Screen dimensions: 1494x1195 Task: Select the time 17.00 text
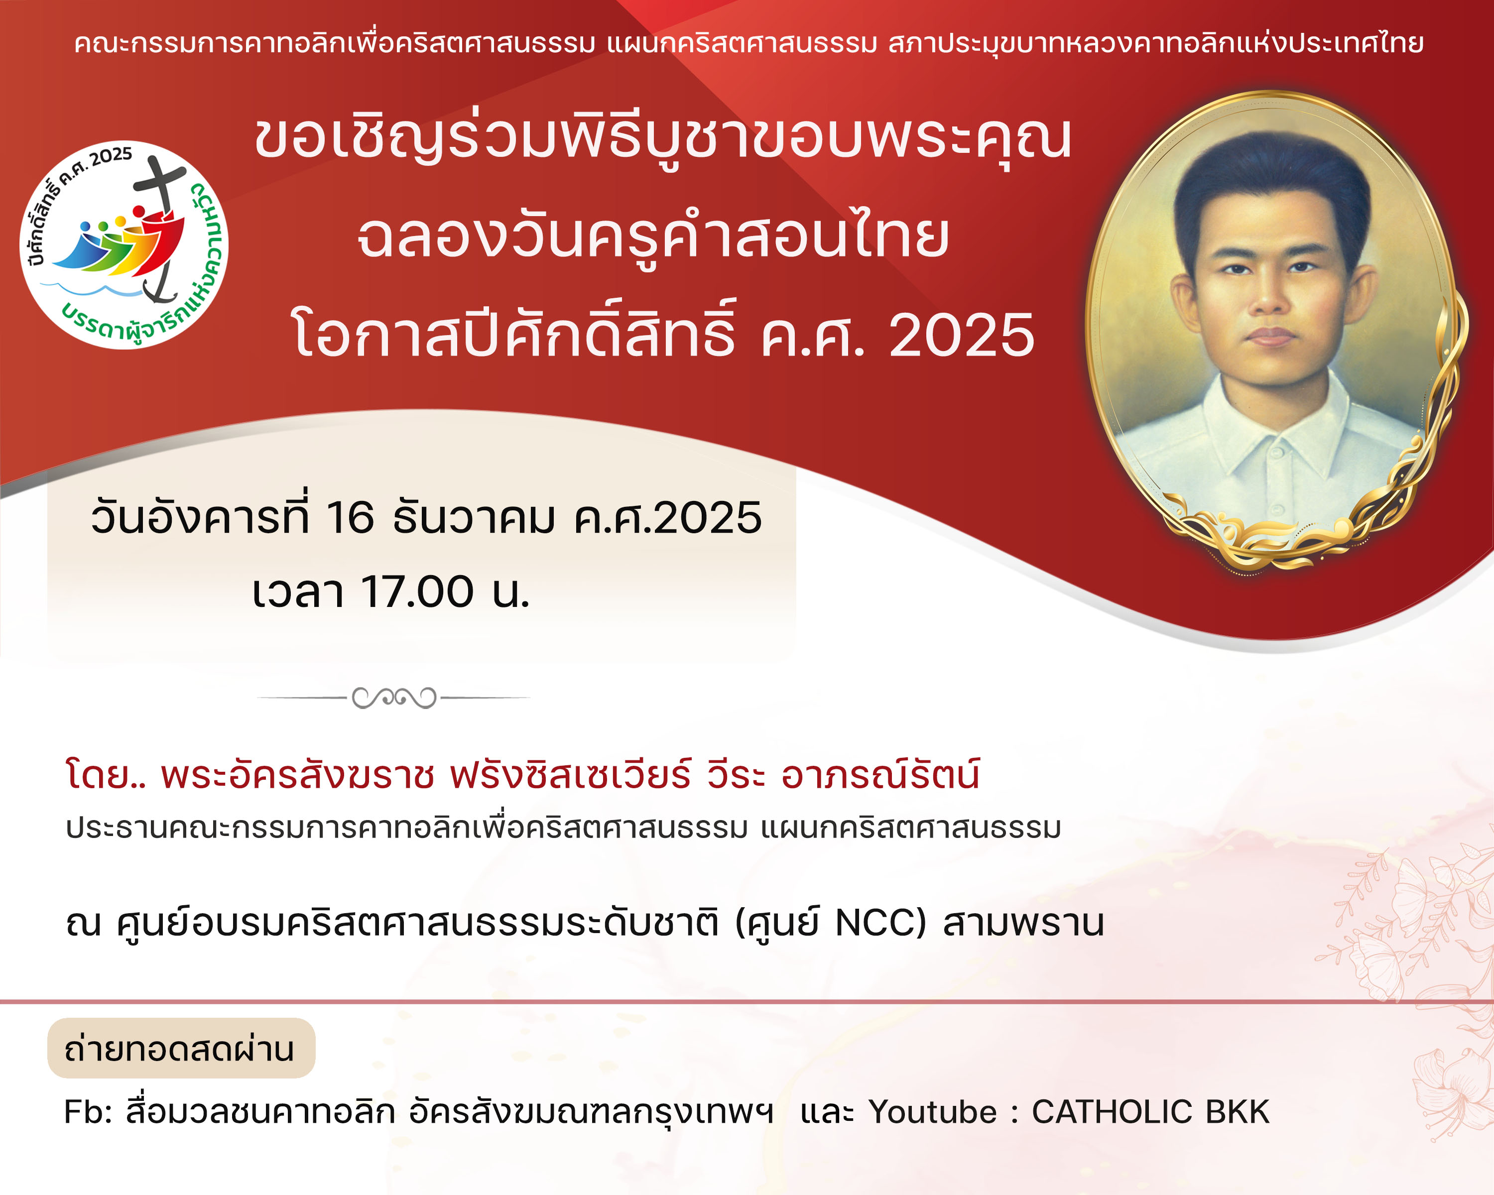click(x=417, y=593)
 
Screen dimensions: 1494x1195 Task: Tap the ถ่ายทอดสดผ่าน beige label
click(x=181, y=1048)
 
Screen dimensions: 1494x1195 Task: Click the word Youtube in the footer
click(x=933, y=1112)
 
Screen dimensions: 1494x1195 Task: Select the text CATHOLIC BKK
click(x=1150, y=1112)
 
